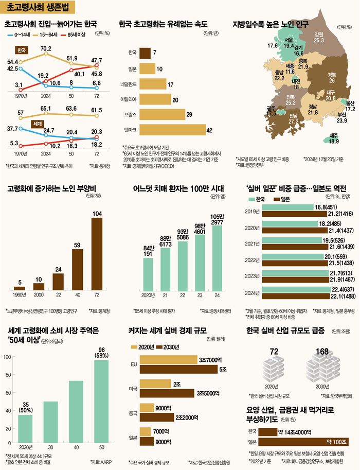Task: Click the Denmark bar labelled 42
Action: pyautogui.click(x=172, y=131)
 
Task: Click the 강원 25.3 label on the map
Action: pyautogui.click(x=319, y=37)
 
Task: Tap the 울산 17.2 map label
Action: pyautogui.click(x=350, y=106)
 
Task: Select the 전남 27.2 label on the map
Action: pyautogui.click(x=294, y=119)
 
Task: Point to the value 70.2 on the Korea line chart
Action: pyautogui.click(x=45, y=49)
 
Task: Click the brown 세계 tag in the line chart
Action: pyautogui.click(x=37, y=124)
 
